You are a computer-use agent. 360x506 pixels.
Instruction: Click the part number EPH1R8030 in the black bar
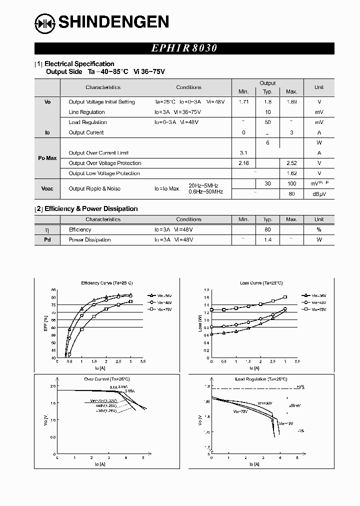tap(184, 48)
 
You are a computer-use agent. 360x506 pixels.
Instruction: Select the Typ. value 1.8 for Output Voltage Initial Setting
tap(268, 102)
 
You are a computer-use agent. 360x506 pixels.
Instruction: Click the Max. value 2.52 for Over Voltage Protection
tap(291, 163)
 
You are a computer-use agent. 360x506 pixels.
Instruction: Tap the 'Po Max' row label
tap(47, 158)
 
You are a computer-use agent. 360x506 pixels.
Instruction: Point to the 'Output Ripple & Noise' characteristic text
tap(94, 188)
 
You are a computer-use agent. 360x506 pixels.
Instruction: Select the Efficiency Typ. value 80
tap(268, 229)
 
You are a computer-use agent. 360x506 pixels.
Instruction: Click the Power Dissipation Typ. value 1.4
tap(268, 240)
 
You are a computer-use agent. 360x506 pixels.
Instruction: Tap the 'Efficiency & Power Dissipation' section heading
tap(91, 209)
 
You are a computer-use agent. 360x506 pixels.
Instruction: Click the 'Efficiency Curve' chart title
tap(103, 283)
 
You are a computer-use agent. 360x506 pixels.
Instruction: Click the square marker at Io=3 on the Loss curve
tap(285, 297)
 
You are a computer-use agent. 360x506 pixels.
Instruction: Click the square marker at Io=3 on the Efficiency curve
tap(131, 301)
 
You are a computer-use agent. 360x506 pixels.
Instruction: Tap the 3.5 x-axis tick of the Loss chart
tap(296, 361)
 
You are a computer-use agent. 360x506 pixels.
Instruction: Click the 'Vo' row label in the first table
tap(47, 102)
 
